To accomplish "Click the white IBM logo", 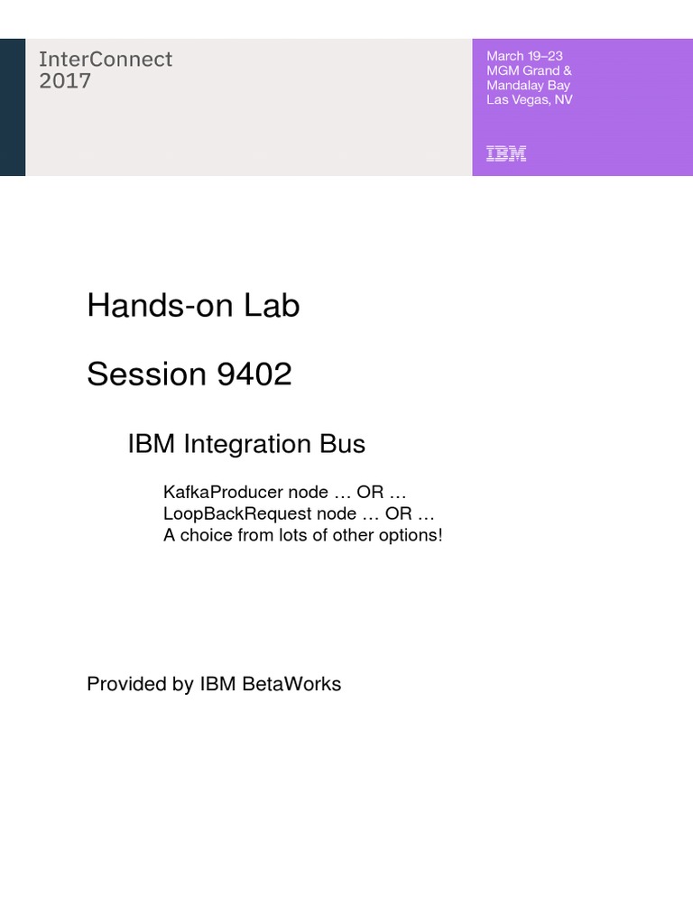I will tap(506, 153).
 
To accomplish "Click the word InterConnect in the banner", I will tap(106, 60).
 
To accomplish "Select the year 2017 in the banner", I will tap(65, 81).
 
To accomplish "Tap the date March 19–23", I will tap(524, 56).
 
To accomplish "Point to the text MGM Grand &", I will tap(529, 70).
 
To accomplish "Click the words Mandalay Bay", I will tap(528, 85).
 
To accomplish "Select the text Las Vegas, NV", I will tap(529, 99).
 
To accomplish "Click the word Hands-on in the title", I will tap(160, 306).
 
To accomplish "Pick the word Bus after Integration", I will tap(341, 444).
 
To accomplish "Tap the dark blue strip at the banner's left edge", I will tap(13, 107).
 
